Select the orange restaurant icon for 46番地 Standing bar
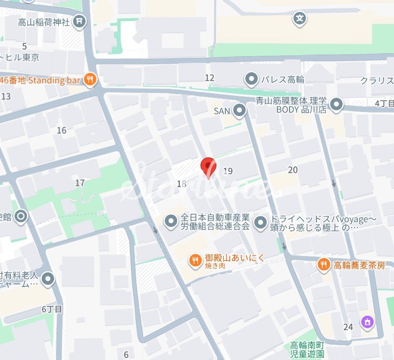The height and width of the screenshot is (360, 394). click(x=90, y=79)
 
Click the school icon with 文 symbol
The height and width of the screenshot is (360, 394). click(x=299, y=19)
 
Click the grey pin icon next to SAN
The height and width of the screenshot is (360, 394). click(x=240, y=111)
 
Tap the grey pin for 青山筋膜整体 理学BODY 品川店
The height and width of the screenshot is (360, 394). click(x=337, y=105)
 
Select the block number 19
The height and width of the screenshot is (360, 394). click(x=228, y=171)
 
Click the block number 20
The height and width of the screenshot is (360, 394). click(x=293, y=170)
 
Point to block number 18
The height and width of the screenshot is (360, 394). click(x=182, y=184)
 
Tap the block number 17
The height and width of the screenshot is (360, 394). click(x=80, y=183)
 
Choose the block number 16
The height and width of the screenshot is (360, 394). click(x=62, y=130)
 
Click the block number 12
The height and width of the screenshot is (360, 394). click(x=209, y=78)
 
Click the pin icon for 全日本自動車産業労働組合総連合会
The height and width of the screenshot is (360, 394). click(x=171, y=220)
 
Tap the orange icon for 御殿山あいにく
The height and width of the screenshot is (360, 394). click(x=195, y=259)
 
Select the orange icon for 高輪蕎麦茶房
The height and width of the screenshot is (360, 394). click(x=324, y=265)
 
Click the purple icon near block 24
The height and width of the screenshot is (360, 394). click(x=368, y=323)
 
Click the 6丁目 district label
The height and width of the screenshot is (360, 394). click(x=52, y=309)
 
